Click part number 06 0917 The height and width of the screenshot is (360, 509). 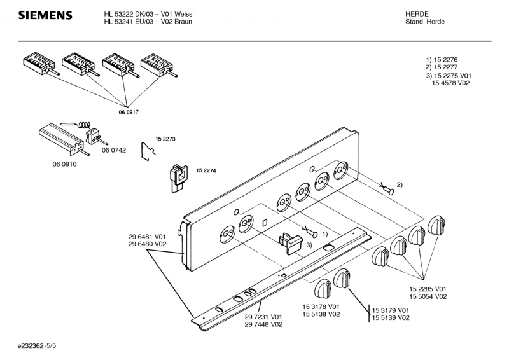[x=128, y=112]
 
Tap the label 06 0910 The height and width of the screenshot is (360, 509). [x=64, y=163]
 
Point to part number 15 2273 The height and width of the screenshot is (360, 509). [x=165, y=138]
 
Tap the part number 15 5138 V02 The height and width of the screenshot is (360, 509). [x=321, y=314]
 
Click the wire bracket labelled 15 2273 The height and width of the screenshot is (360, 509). [x=148, y=152]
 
